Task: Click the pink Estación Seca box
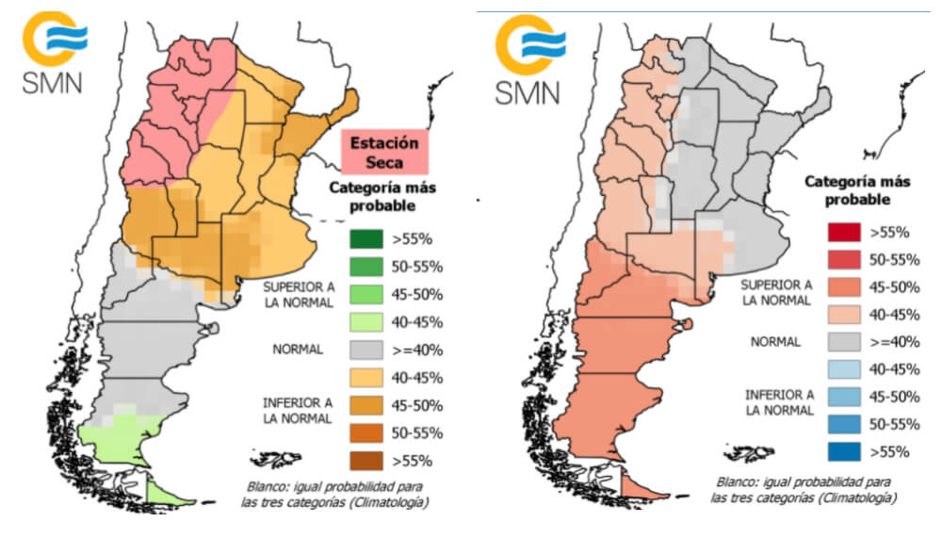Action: pyautogui.click(x=383, y=154)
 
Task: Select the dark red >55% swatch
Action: pyautogui.click(x=840, y=231)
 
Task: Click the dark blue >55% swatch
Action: pyautogui.click(x=840, y=451)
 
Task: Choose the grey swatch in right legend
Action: pyautogui.click(x=840, y=341)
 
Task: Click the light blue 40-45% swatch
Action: pyautogui.click(x=840, y=368)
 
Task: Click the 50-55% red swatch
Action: pyautogui.click(x=840, y=258)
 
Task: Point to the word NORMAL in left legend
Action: pyautogui.click(x=299, y=350)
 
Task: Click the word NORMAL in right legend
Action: pyautogui.click(x=776, y=341)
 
